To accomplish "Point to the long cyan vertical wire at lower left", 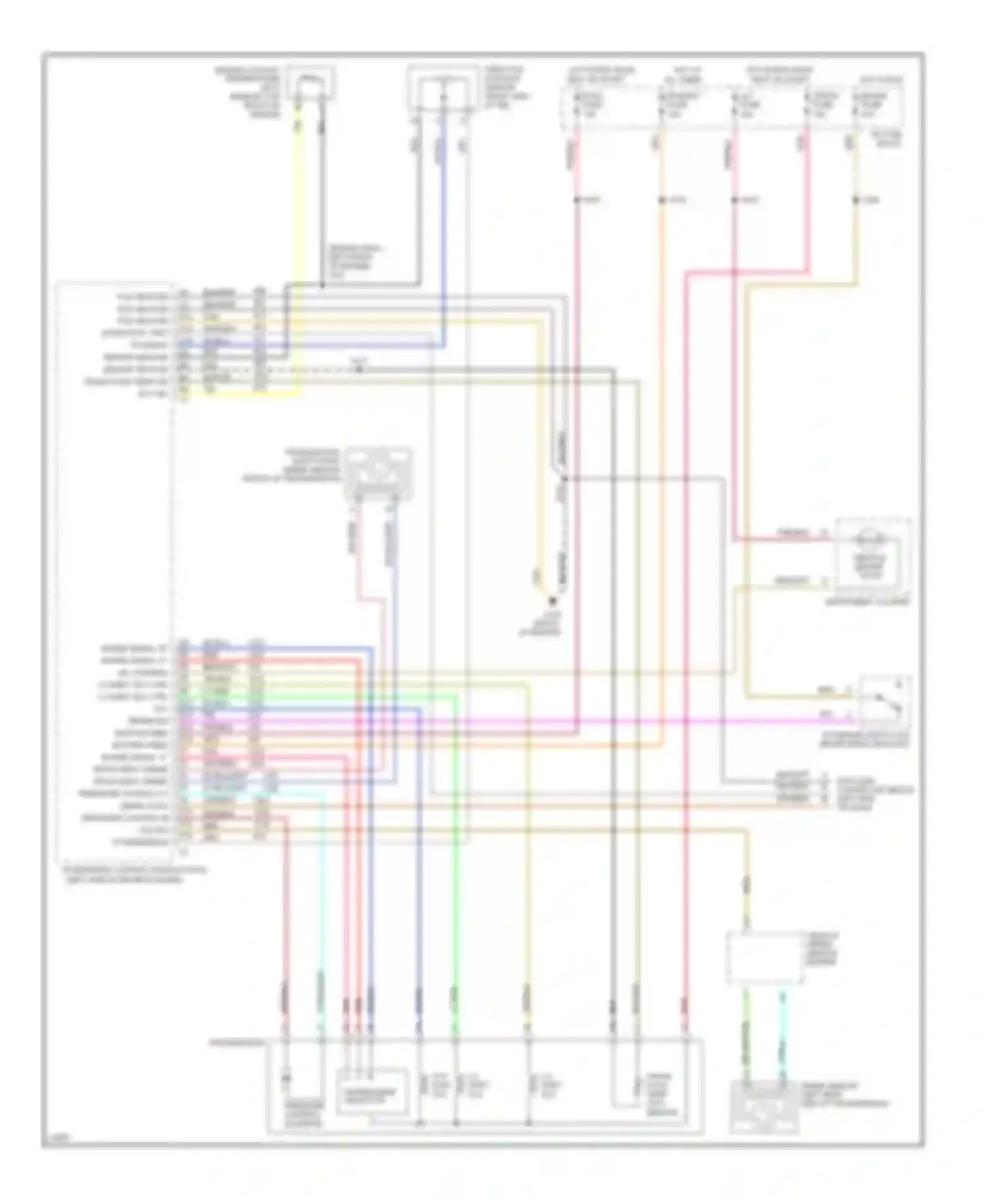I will [x=321, y=919].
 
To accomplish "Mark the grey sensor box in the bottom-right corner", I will [x=764, y=1107].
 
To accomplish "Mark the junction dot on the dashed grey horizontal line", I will [x=359, y=370].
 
